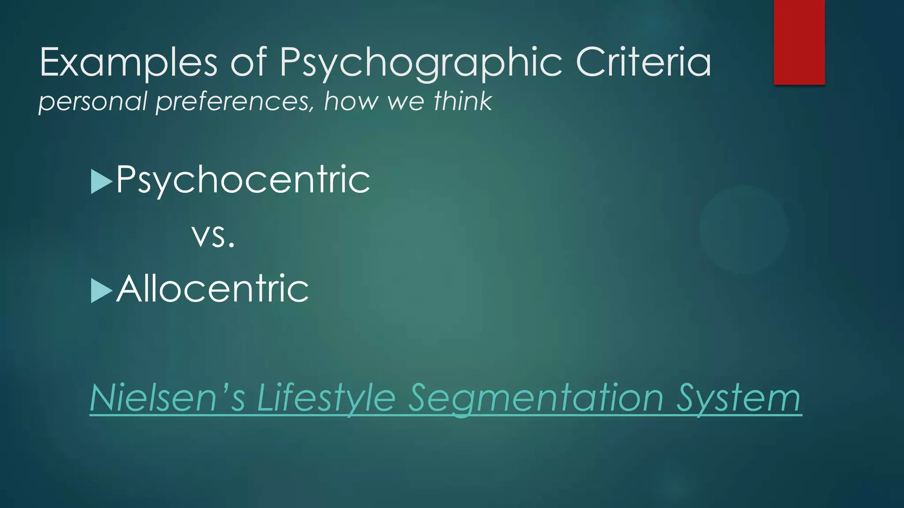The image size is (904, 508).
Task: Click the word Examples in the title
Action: click(128, 63)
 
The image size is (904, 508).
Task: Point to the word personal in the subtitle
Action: click(93, 101)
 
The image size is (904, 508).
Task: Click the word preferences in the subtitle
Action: click(234, 101)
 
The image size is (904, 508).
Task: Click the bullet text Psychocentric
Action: click(243, 179)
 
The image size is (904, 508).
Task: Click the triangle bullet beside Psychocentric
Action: click(101, 181)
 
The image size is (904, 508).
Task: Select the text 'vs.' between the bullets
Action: click(213, 235)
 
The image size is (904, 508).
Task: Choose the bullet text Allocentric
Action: click(212, 289)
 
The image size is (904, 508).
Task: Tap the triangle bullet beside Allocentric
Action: click(101, 291)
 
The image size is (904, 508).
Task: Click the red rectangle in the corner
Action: click(799, 42)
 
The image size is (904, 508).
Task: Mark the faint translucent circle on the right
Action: click(743, 229)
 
